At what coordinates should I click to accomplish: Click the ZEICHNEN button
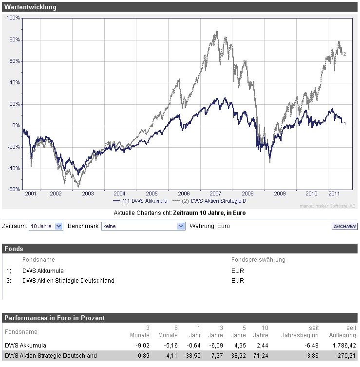click(344, 227)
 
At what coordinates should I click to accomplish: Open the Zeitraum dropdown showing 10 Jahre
click(46, 226)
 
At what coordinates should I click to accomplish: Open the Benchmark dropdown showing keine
click(143, 226)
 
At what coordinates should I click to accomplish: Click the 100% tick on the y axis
click(14, 18)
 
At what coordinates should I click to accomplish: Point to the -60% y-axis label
click(14, 190)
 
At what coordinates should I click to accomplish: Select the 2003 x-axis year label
click(88, 193)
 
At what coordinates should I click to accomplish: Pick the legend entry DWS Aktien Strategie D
click(211, 201)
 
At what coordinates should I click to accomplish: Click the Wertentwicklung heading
click(30, 7)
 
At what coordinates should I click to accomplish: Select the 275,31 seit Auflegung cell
click(346, 356)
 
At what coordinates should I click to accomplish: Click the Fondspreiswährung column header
click(258, 260)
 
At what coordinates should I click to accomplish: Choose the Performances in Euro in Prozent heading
click(55, 318)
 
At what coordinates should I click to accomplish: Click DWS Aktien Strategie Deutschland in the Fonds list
click(68, 281)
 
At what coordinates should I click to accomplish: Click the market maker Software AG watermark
click(327, 206)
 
